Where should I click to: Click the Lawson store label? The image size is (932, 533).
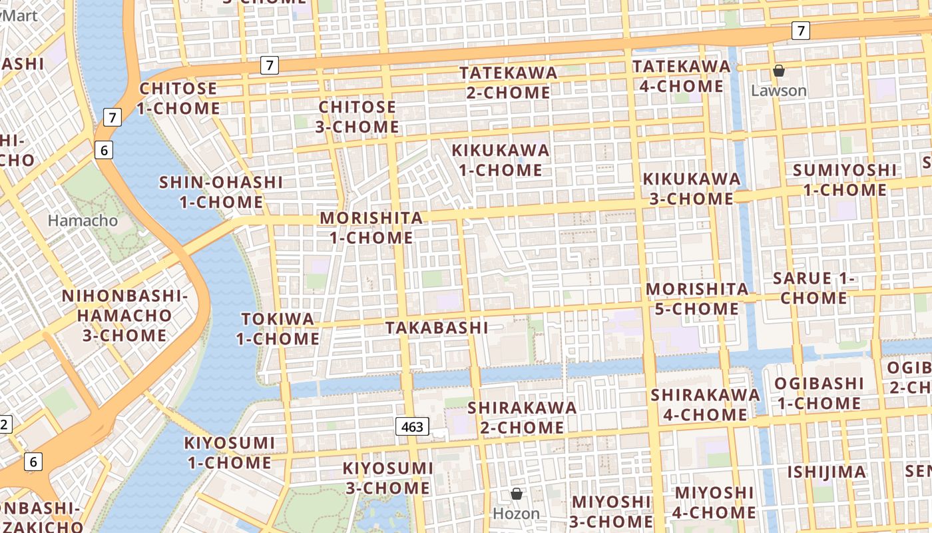coord(778,91)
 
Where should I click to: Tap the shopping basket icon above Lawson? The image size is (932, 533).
coord(778,71)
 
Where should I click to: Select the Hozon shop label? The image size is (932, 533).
coord(516,514)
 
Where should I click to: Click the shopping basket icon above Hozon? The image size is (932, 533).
coord(516,494)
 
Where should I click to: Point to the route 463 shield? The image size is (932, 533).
coord(412,426)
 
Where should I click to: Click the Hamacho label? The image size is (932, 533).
coord(83,220)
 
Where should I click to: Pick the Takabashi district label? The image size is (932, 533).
coord(437,328)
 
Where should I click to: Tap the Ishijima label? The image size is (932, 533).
coord(827,472)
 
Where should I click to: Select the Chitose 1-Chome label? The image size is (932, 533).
coord(178,98)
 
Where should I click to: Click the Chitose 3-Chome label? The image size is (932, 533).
coord(359,117)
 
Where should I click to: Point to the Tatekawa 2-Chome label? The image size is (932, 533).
coord(509,83)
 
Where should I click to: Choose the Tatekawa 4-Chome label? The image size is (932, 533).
coord(681,76)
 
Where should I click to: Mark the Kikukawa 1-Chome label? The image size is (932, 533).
coord(501,160)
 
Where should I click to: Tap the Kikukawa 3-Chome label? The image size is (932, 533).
coord(691,189)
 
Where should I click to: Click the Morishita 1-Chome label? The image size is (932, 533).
coord(371,227)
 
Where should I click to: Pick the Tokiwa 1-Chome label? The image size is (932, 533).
coord(278,328)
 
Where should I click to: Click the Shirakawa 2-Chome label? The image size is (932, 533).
coord(522,416)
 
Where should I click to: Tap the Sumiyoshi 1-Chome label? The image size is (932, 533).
coord(845,180)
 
